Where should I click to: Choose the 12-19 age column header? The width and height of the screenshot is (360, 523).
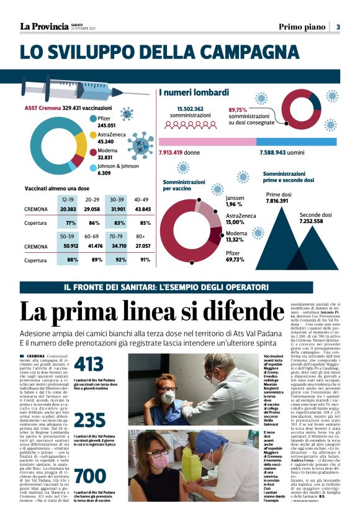coord(68,199)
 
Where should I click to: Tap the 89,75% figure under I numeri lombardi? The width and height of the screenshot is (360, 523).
coord(238,109)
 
